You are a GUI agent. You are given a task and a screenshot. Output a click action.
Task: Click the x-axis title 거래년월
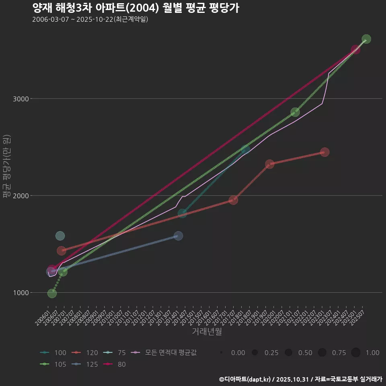pyautogui.click(x=207, y=332)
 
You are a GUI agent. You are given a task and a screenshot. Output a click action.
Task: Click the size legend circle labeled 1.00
pyautogui.click(x=356, y=353)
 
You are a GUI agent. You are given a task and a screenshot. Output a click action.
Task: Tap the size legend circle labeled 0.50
pyautogui.click(x=288, y=353)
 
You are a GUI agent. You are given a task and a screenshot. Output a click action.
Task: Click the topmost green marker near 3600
pyautogui.click(x=366, y=39)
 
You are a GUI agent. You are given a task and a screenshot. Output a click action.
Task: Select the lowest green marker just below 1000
pyautogui.click(x=52, y=294)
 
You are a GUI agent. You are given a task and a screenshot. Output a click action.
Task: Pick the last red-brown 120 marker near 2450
pyautogui.click(x=325, y=152)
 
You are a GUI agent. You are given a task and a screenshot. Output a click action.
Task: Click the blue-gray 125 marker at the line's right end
pyautogui.click(x=179, y=236)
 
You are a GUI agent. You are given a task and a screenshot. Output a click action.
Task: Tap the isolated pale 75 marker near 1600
pyautogui.click(x=60, y=236)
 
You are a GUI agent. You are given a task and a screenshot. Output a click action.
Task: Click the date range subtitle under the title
pyautogui.click(x=90, y=19)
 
